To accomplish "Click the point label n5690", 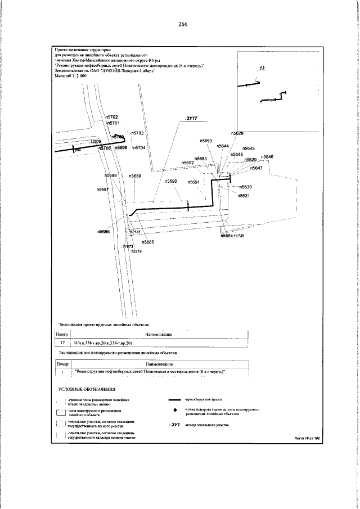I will coord(171,182).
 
